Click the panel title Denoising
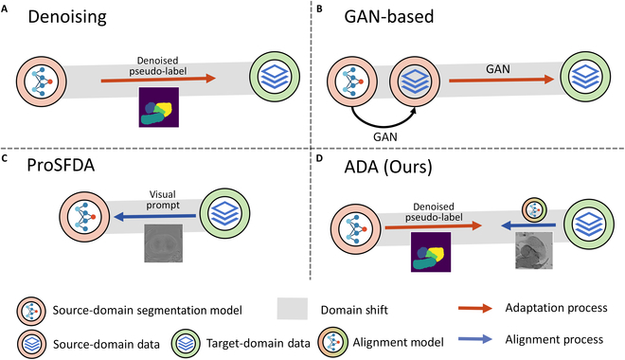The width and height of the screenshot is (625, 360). (x=67, y=18)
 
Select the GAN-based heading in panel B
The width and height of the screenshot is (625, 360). (x=389, y=17)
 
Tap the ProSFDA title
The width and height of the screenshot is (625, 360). (x=61, y=165)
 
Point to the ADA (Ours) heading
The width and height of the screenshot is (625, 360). (x=388, y=167)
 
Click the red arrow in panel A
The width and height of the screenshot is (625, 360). (x=158, y=79)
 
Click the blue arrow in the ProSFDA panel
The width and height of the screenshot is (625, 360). (x=155, y=217)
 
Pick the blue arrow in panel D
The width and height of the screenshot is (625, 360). (x=528, y=225)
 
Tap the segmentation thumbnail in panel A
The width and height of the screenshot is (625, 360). (x=159, y=107)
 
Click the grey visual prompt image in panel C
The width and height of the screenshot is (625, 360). (x=164, y=243)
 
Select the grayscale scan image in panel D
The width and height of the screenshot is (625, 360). (x=534, y=251)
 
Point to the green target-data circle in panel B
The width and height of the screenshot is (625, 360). (x=585, y=78)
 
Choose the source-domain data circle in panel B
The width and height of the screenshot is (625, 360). (x=415, y=78)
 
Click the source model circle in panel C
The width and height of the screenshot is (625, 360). (x=84, y=217)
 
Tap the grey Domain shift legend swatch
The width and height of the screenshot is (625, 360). (x=293, y=309)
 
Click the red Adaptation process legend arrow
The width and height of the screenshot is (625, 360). (x=475, y=308)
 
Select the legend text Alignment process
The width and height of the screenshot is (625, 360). (x=554, y=339)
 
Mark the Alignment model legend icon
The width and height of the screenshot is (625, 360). (x=332, y=343)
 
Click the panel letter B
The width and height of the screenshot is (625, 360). (x=319, y=9)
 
